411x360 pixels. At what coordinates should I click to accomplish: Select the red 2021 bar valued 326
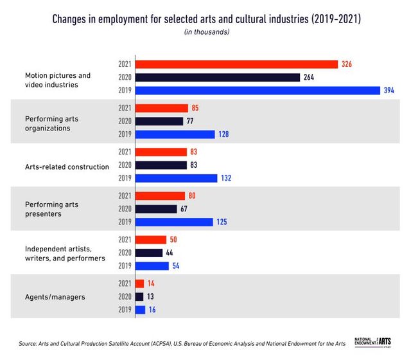(236, 64)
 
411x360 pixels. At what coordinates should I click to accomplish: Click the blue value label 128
(224, 134)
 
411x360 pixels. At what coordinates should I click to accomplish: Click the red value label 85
(195, 108)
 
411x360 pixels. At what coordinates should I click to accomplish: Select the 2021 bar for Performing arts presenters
(160, 195)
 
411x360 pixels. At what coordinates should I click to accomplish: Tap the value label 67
(186, 209)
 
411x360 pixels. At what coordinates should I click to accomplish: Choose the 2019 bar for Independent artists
(152, 265)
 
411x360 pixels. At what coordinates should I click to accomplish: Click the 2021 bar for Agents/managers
(140, 283)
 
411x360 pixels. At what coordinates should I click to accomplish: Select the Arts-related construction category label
(67, 166)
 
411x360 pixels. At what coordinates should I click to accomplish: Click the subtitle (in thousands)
(205, 32)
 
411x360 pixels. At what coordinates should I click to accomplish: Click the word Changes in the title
(72, 19)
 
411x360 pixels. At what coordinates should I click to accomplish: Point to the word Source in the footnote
(28, 344)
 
